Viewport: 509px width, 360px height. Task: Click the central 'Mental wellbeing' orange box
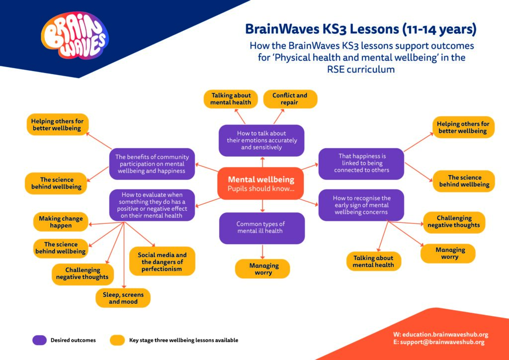point(261,183)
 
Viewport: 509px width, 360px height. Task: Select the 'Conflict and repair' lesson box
point(290,99)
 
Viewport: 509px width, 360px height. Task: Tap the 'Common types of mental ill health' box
point(261,228)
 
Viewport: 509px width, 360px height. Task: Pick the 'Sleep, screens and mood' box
point(123,298)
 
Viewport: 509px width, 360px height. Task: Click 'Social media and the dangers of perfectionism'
point(162,262)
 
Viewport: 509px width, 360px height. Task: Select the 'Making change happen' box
point(61,222)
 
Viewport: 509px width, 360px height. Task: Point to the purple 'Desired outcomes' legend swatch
point(39,340)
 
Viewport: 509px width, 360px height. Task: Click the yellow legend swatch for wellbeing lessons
point(117,340)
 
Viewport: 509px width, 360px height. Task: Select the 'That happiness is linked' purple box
point(361,163)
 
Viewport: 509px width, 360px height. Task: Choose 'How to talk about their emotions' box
point(261,140)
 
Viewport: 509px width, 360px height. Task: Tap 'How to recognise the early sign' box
point(361,205)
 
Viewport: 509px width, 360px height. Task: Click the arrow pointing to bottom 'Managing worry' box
point(262,251)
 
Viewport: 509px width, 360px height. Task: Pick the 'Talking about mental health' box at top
point(231,99)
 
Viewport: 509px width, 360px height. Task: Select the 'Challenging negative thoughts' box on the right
point(454,221)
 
